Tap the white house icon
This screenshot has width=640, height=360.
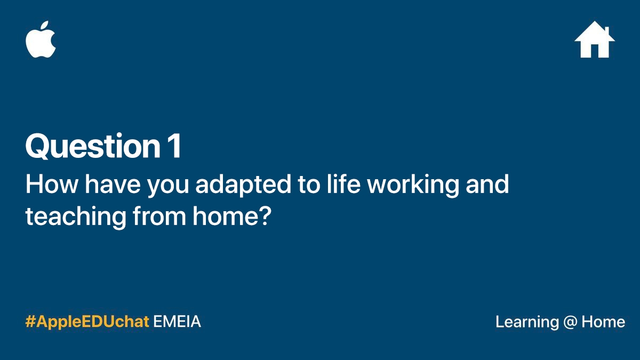595,39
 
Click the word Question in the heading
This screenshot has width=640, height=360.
93,146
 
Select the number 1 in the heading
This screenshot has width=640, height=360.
174,146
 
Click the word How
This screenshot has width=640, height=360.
52,185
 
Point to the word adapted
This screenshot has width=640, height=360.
243,186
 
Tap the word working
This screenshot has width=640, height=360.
413,186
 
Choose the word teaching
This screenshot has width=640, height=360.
76,217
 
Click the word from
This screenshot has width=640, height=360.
159,215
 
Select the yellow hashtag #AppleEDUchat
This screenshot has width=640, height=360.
87,322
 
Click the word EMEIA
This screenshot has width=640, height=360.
177,322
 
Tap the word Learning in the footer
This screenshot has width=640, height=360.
527,323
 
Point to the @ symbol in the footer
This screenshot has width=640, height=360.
570,323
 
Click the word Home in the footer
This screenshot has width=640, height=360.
603,322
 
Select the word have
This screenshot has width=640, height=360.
113,185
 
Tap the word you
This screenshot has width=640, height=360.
168,187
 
